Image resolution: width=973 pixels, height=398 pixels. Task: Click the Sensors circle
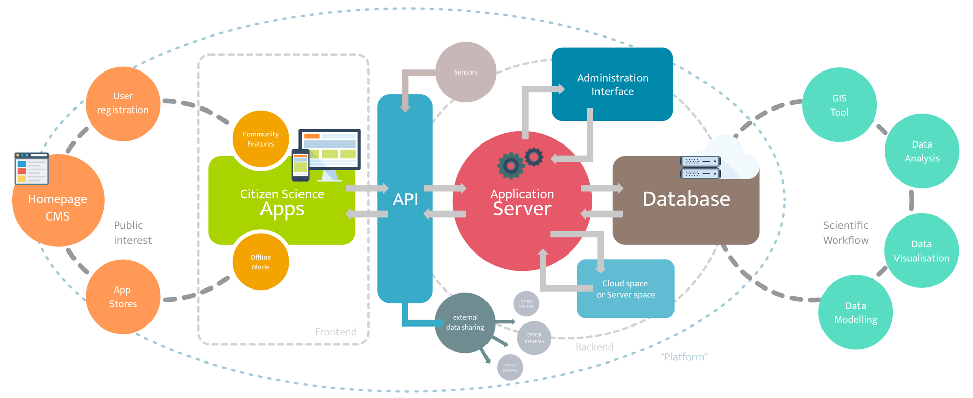[466, 72]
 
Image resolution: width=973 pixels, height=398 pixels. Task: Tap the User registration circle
[123, 103]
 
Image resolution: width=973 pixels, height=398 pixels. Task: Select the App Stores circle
[123, 297]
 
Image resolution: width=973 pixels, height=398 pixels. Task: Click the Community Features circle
[260, 139]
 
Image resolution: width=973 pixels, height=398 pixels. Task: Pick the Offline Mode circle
[260, 262]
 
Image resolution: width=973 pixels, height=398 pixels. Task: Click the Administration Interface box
[612, 84]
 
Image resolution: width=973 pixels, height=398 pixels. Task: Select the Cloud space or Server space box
[625, 289]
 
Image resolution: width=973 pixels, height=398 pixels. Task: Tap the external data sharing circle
[465, 322]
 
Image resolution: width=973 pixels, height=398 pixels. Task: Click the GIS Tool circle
[839, 105]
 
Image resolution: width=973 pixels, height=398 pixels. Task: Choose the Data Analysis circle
[922, 151]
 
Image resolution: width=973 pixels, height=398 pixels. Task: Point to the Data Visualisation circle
[921, 251]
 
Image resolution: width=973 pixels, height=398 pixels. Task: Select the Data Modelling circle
[855, 312]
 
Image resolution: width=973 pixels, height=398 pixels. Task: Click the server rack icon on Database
[700, 168]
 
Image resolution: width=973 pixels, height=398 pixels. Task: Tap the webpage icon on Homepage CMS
[31, 168]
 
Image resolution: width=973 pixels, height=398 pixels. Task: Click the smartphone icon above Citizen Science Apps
[301, 165]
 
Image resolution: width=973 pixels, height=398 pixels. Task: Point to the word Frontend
[335, 332]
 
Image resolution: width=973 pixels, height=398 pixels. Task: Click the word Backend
[594, 347]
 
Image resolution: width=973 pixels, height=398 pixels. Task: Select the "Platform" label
[684, 357]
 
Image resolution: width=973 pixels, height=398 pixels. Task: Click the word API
[405, 199]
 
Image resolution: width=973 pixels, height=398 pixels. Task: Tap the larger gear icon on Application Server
[511, 165]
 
